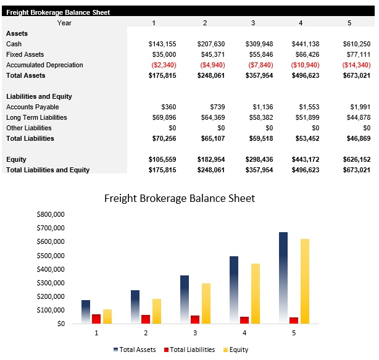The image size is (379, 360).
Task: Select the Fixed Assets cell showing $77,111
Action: [x=357, y=54]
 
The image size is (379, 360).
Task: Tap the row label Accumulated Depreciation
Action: [x=44, y=65]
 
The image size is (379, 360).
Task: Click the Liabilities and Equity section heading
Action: [x=39, y=96]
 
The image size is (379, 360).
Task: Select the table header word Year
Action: [x=64, y=23]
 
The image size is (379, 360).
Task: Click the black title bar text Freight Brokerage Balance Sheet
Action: [x=58, y=12]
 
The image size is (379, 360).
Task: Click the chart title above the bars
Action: [x=179, y=198]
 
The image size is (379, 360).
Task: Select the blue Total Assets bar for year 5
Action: [x=283, y=278]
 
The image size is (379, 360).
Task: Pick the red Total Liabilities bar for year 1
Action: [x=96, y=319]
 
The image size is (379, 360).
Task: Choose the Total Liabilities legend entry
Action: [x=189, y=350]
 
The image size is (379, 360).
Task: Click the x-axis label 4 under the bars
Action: [x=244, y=333]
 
